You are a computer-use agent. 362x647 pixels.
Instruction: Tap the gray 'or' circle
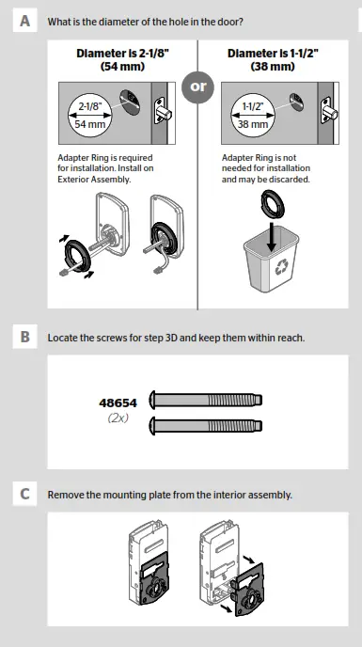[x=197, y=87]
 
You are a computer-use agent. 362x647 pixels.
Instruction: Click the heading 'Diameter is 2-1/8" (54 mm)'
[x=120, y=61]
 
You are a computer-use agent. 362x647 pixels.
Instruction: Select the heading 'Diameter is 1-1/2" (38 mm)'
[x=273, y=61]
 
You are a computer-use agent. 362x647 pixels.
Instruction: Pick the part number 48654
[x=119, y=402]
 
